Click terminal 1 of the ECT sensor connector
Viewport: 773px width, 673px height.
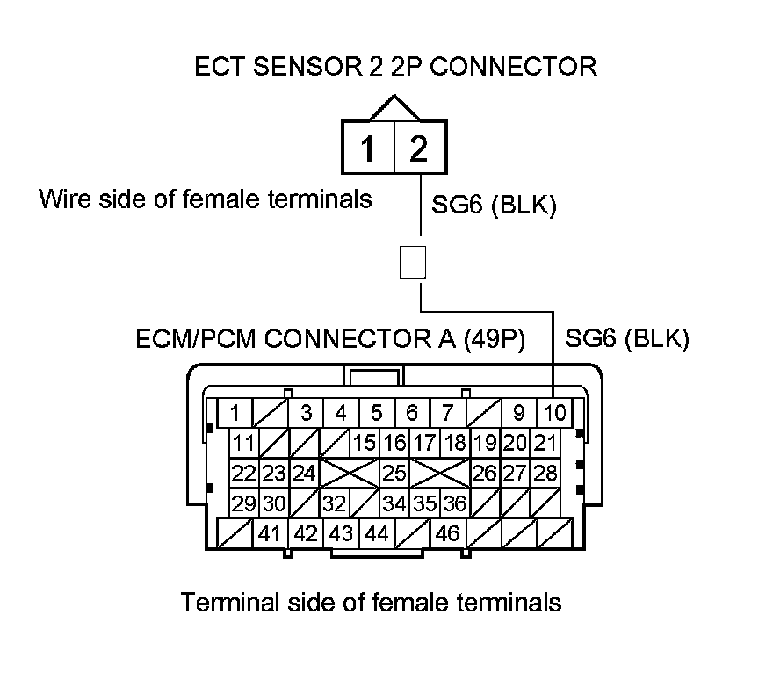368,148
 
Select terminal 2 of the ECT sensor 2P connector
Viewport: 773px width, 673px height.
421,148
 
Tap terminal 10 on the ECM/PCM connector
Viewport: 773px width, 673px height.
554,413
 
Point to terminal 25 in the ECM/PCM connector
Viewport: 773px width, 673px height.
394,474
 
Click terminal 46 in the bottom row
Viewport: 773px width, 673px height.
448,533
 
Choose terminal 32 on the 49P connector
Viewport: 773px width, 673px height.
335,503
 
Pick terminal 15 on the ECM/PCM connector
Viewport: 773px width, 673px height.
365,443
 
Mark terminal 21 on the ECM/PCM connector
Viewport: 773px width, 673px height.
545,443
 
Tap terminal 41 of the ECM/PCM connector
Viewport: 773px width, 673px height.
270,533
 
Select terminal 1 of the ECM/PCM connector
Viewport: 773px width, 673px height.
235,413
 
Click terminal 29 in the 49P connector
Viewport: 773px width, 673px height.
244,503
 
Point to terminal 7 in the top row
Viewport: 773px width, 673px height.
448,413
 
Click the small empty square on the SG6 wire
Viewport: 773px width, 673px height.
413,263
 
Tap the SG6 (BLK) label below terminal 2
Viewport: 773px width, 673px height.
494,204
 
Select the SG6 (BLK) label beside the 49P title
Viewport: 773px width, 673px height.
627,338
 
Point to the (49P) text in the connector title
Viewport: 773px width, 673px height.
495,339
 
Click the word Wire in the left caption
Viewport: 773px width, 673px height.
65,199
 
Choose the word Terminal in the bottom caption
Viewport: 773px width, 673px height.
230,602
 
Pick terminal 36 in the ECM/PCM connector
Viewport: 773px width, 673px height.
454,503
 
